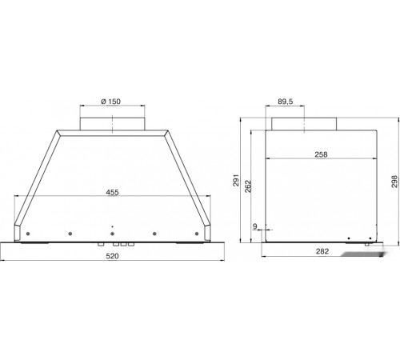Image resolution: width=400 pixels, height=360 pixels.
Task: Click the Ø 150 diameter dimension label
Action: coord(110,102)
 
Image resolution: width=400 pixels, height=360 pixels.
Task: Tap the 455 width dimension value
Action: coord(112,192)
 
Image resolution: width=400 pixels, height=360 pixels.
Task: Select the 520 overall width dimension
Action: coord(112,256)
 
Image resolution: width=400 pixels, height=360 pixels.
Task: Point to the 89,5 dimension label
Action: coord(285,102)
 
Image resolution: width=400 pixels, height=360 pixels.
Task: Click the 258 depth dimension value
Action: coord(321,154)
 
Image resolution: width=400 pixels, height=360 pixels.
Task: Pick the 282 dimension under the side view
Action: coord(322,251)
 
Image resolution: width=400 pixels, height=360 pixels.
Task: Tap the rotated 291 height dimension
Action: coord(236,181)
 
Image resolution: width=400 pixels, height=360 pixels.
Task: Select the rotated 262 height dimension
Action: coord(248,186)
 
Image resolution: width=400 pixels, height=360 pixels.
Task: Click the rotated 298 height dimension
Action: coord(394,182)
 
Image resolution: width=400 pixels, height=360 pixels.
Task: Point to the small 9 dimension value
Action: coord(255,226)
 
